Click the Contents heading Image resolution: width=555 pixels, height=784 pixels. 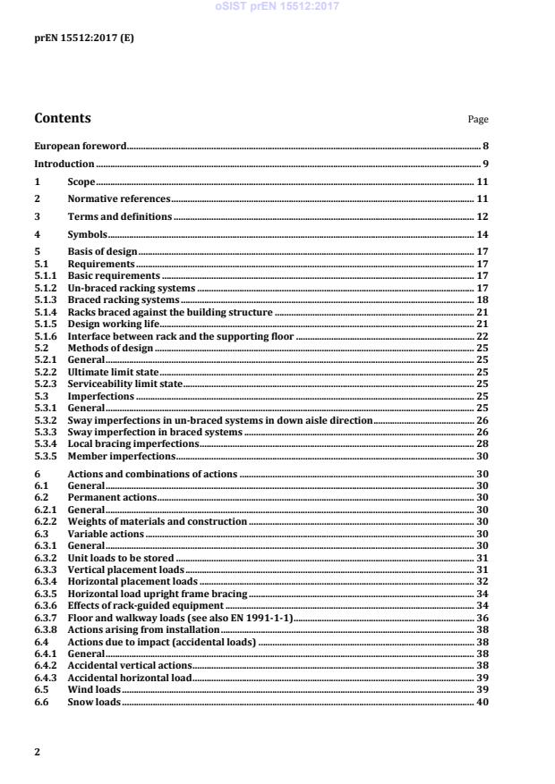tap(62, 118)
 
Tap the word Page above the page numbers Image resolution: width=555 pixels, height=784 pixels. tap(478, 120)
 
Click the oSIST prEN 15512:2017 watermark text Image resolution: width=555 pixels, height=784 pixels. tap(277, 7)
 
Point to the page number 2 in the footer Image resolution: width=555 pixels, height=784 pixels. tap(37, 752)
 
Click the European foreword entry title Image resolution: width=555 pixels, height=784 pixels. tap(80, 145)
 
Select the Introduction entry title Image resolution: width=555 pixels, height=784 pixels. tap(64, 164)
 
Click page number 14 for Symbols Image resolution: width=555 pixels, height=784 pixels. tap(482, 234)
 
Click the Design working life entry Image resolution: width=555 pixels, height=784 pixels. tap(113, 324)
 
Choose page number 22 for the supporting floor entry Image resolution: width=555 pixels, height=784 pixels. tap(482, 336)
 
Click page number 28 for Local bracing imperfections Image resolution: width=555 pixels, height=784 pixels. tap(482, 443)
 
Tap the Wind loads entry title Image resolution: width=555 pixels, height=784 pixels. tap(94, 690)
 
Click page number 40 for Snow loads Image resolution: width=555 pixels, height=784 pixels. tap(482, 702)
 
